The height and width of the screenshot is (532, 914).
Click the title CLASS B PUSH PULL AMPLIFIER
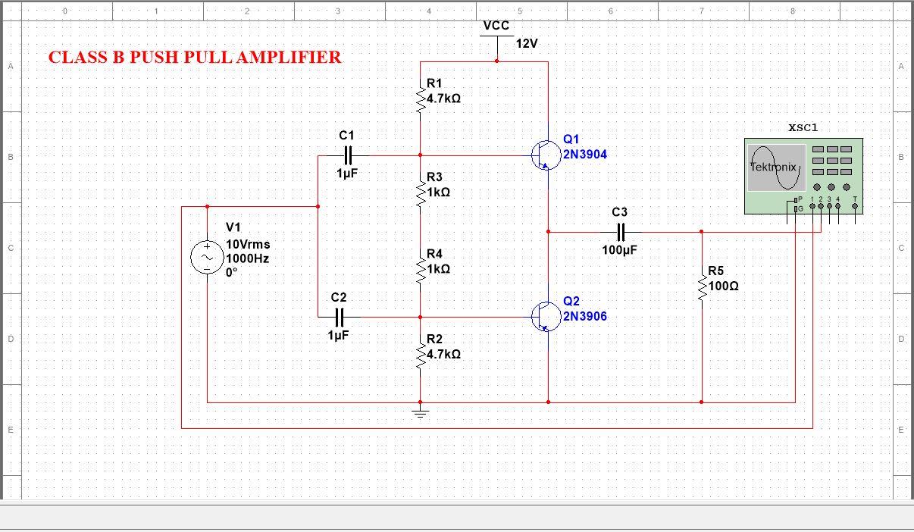coord(195,58)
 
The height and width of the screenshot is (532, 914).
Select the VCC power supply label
coord(496,26)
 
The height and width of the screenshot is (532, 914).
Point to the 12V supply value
coord(527,44)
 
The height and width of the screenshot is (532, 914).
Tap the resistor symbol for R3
coord(421,194)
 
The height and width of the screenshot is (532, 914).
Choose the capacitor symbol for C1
coord(347,155)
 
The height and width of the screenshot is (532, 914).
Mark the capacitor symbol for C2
coord(340,317)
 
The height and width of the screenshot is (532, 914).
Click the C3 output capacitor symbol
coord(620,232)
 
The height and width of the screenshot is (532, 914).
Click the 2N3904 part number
coord(584,155)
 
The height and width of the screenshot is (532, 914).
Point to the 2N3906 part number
coord(584,316)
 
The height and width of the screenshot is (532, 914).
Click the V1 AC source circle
coord(206,258)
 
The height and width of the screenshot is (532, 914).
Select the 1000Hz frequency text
coord(248,258)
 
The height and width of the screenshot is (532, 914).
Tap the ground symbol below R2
coord(421,412)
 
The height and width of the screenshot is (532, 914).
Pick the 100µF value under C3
coord(620,251)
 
